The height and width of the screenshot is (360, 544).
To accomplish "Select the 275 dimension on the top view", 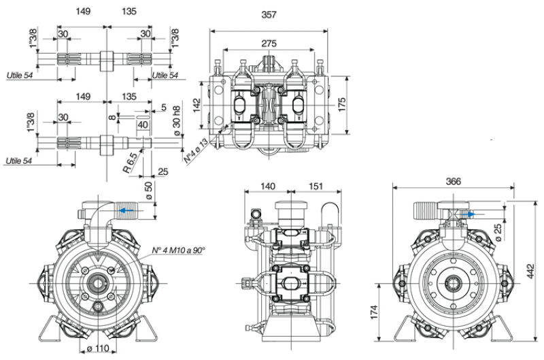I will tap(269, 44).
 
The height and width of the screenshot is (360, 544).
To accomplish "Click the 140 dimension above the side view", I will tap(268, 186).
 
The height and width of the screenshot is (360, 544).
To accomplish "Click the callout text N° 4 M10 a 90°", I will tap(179, 250).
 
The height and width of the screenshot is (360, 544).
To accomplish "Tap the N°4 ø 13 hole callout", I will tap(197, 149).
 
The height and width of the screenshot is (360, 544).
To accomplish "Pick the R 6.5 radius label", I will tap(131, 163).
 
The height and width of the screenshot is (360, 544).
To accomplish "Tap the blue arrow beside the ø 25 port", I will tap(469, 214).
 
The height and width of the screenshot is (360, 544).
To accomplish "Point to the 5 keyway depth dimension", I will tap(163, 107).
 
